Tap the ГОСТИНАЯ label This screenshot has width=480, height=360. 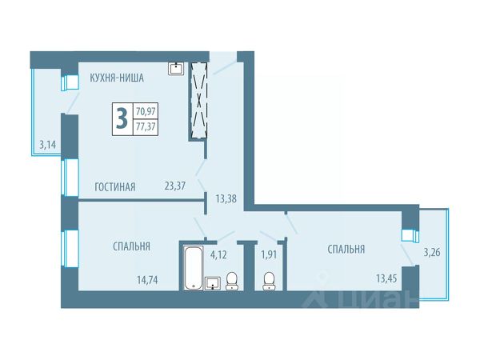pyautogui.click(x=114, y=186)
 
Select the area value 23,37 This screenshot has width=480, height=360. pyautogui.click(x=175, y=186)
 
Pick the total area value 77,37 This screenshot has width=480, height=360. pyautogui.click(x=147, y=126)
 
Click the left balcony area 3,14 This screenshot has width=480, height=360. pyautogui.click(x=49, y=146)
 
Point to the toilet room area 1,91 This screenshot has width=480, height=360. pyautogui.click(x=270, y=256)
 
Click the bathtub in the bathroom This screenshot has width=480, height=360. pyautogui.click(x=193, y=268)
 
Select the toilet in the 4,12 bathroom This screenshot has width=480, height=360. pyautogui.click(x=232, y=279)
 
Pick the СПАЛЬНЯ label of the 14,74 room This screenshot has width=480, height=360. pyautogui.click(x=132, y=246)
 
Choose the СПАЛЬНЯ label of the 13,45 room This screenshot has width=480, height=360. pyautogui.click(x=346, y=249)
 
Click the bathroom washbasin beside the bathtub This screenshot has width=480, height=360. pyautogui.click(x=213, y=282)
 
